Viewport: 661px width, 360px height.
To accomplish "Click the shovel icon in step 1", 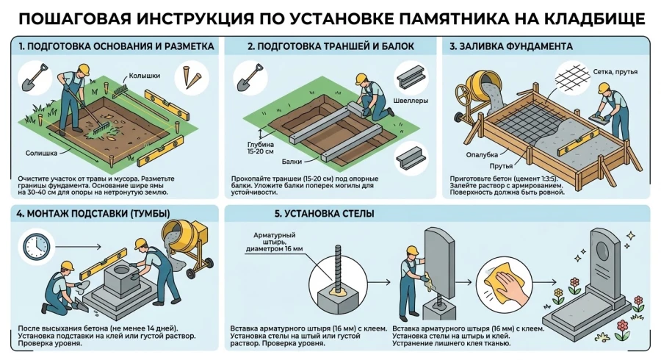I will pos(33,77).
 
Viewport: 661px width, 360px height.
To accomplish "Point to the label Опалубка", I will pos(482,154).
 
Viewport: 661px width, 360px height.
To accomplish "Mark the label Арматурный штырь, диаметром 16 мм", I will pos(274,243).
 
